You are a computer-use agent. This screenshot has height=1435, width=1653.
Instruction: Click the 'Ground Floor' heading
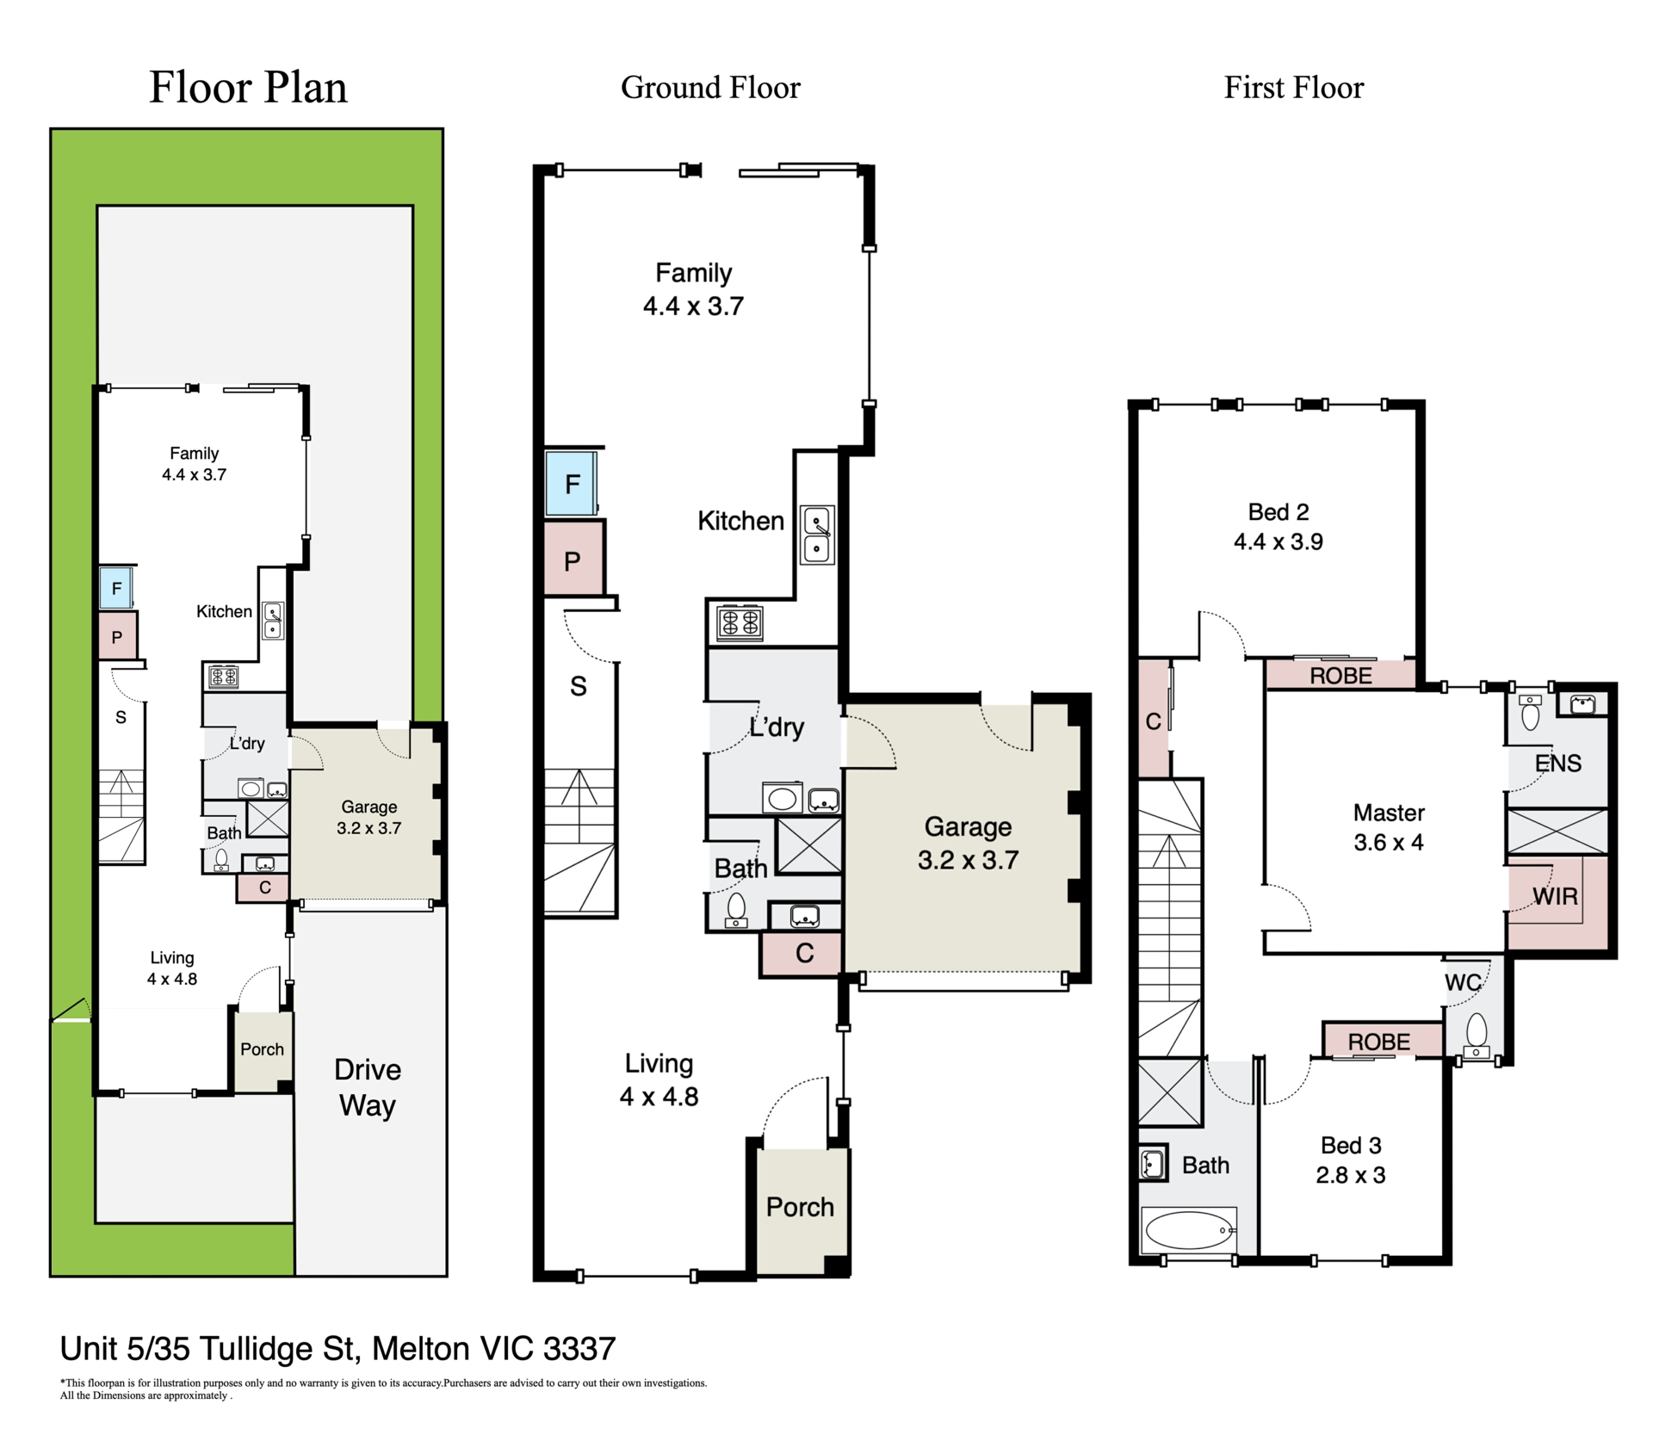pyautogui.click(x=710, y=88)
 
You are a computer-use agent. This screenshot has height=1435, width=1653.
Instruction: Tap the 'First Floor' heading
pyautogui.click(x=1294, y=88)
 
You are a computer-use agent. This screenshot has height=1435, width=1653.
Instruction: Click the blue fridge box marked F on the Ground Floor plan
pyautogui.click(x=572, y=484)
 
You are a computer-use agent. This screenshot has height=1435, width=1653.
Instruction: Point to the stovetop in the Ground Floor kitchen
pyautogui.click(x=740, y=622)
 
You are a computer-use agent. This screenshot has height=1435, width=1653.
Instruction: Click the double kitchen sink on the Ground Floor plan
pyautogui.click(x=817, y=535)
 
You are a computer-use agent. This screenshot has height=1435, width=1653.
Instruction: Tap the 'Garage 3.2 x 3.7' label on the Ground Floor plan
pyautogui.click(x=968, y=843)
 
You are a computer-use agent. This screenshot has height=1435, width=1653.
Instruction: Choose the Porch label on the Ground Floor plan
pyautogui.click(x=800, y=1207)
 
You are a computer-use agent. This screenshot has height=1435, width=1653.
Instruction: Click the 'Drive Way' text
pyautogui.click(x=368, y=1087)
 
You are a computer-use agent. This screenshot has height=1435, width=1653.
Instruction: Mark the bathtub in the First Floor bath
pyautogui.click(x=1189, y=1231)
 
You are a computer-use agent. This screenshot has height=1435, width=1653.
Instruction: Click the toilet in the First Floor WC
pyautogui.click(x=1476, y=1035)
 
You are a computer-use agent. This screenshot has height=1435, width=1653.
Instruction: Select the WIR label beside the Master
pyautogui.click(x=1556, y=896)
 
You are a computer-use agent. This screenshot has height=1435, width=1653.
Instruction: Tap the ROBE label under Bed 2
pyautogui.click(x=1340, y=676)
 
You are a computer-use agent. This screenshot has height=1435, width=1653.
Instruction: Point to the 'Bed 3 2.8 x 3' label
pyautogui.click(x=1351, y=1160)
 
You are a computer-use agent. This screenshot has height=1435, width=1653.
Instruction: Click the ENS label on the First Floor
pyautogui.click(x=1558, y=763)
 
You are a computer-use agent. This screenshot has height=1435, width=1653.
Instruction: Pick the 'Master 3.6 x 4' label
pyautogui.click(x=1389, y=827)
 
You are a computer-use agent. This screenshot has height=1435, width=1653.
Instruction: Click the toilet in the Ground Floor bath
pyautogui.click(x=736, y=911)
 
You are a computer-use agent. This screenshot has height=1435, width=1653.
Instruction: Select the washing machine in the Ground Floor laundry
pyautogui.click(x=782, y=798)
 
